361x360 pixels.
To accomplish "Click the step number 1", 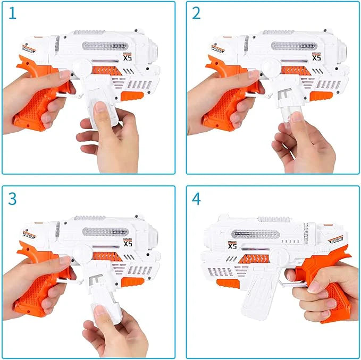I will click(13, 14).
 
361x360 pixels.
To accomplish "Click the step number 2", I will click(196, 14).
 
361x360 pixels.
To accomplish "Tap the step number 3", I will click(13, 198).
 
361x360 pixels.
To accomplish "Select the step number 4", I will click(197, 198).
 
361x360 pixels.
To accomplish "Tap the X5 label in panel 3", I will click(128, 243).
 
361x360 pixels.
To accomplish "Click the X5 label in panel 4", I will click(232, 246).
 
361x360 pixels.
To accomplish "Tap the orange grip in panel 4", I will click(327, 289).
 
